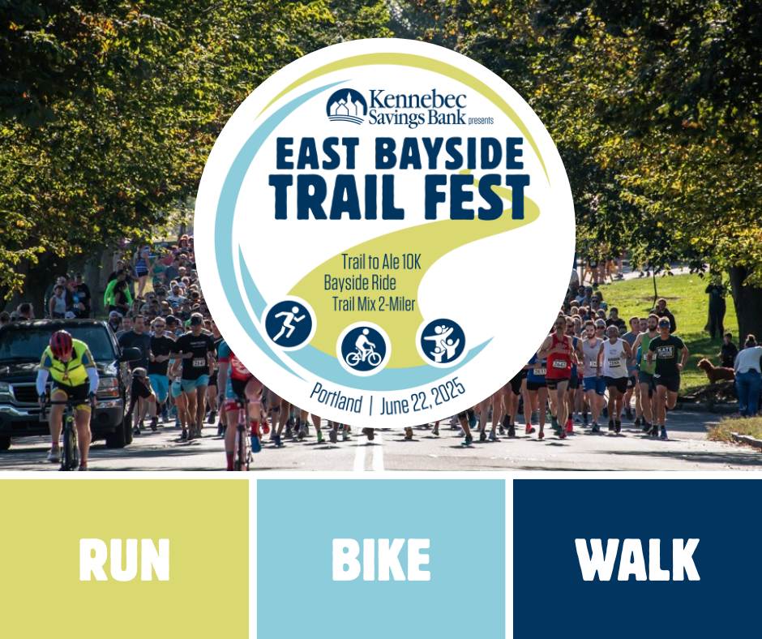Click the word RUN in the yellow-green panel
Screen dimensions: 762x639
tap(124, 560)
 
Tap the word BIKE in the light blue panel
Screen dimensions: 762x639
tap(381, 560)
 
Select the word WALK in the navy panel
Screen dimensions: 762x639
tap(637, 560)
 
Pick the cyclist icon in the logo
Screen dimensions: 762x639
tap(363, 348)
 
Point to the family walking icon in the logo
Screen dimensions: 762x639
tap(443, 341)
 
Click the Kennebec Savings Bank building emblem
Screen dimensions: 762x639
tap(346, 106)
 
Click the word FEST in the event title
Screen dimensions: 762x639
tap(477, 196)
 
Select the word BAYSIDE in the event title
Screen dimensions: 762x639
tap(450, 153)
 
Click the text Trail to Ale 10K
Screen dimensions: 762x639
tap(381, 262)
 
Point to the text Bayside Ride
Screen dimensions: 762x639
tap(360, 282)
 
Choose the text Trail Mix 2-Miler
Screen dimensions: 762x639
tap(374, 304)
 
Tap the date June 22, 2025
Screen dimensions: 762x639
tap(423, 397)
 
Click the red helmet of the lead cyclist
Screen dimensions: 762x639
tap(62, 343)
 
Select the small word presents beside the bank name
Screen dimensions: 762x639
tap(481, 121)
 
